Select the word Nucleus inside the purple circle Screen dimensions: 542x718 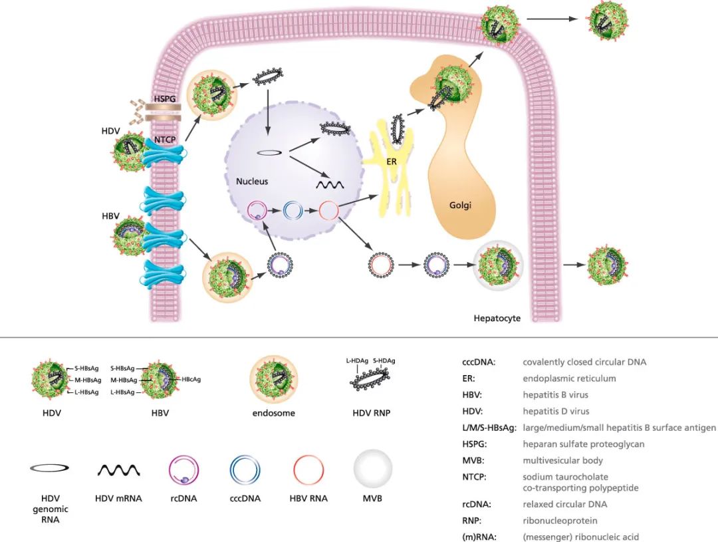pyautogui.click(x=252, y=181)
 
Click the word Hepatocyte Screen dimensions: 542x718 pyautogui.click(x=497, y=319)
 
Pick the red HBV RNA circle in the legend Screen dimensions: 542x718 pyautogui.click(x=308, y=470)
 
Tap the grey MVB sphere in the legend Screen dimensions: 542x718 pyautogui.click(x=373, y=470)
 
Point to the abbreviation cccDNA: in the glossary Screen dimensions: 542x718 pyautogui.click(x=479, y=362)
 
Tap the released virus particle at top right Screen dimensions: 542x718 pyautogui.click(x=606, y=20)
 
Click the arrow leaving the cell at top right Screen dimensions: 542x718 pyautogui.click(x=552, y=19)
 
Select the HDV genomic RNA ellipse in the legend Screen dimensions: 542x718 pyautogui.click(x=51, y=468)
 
